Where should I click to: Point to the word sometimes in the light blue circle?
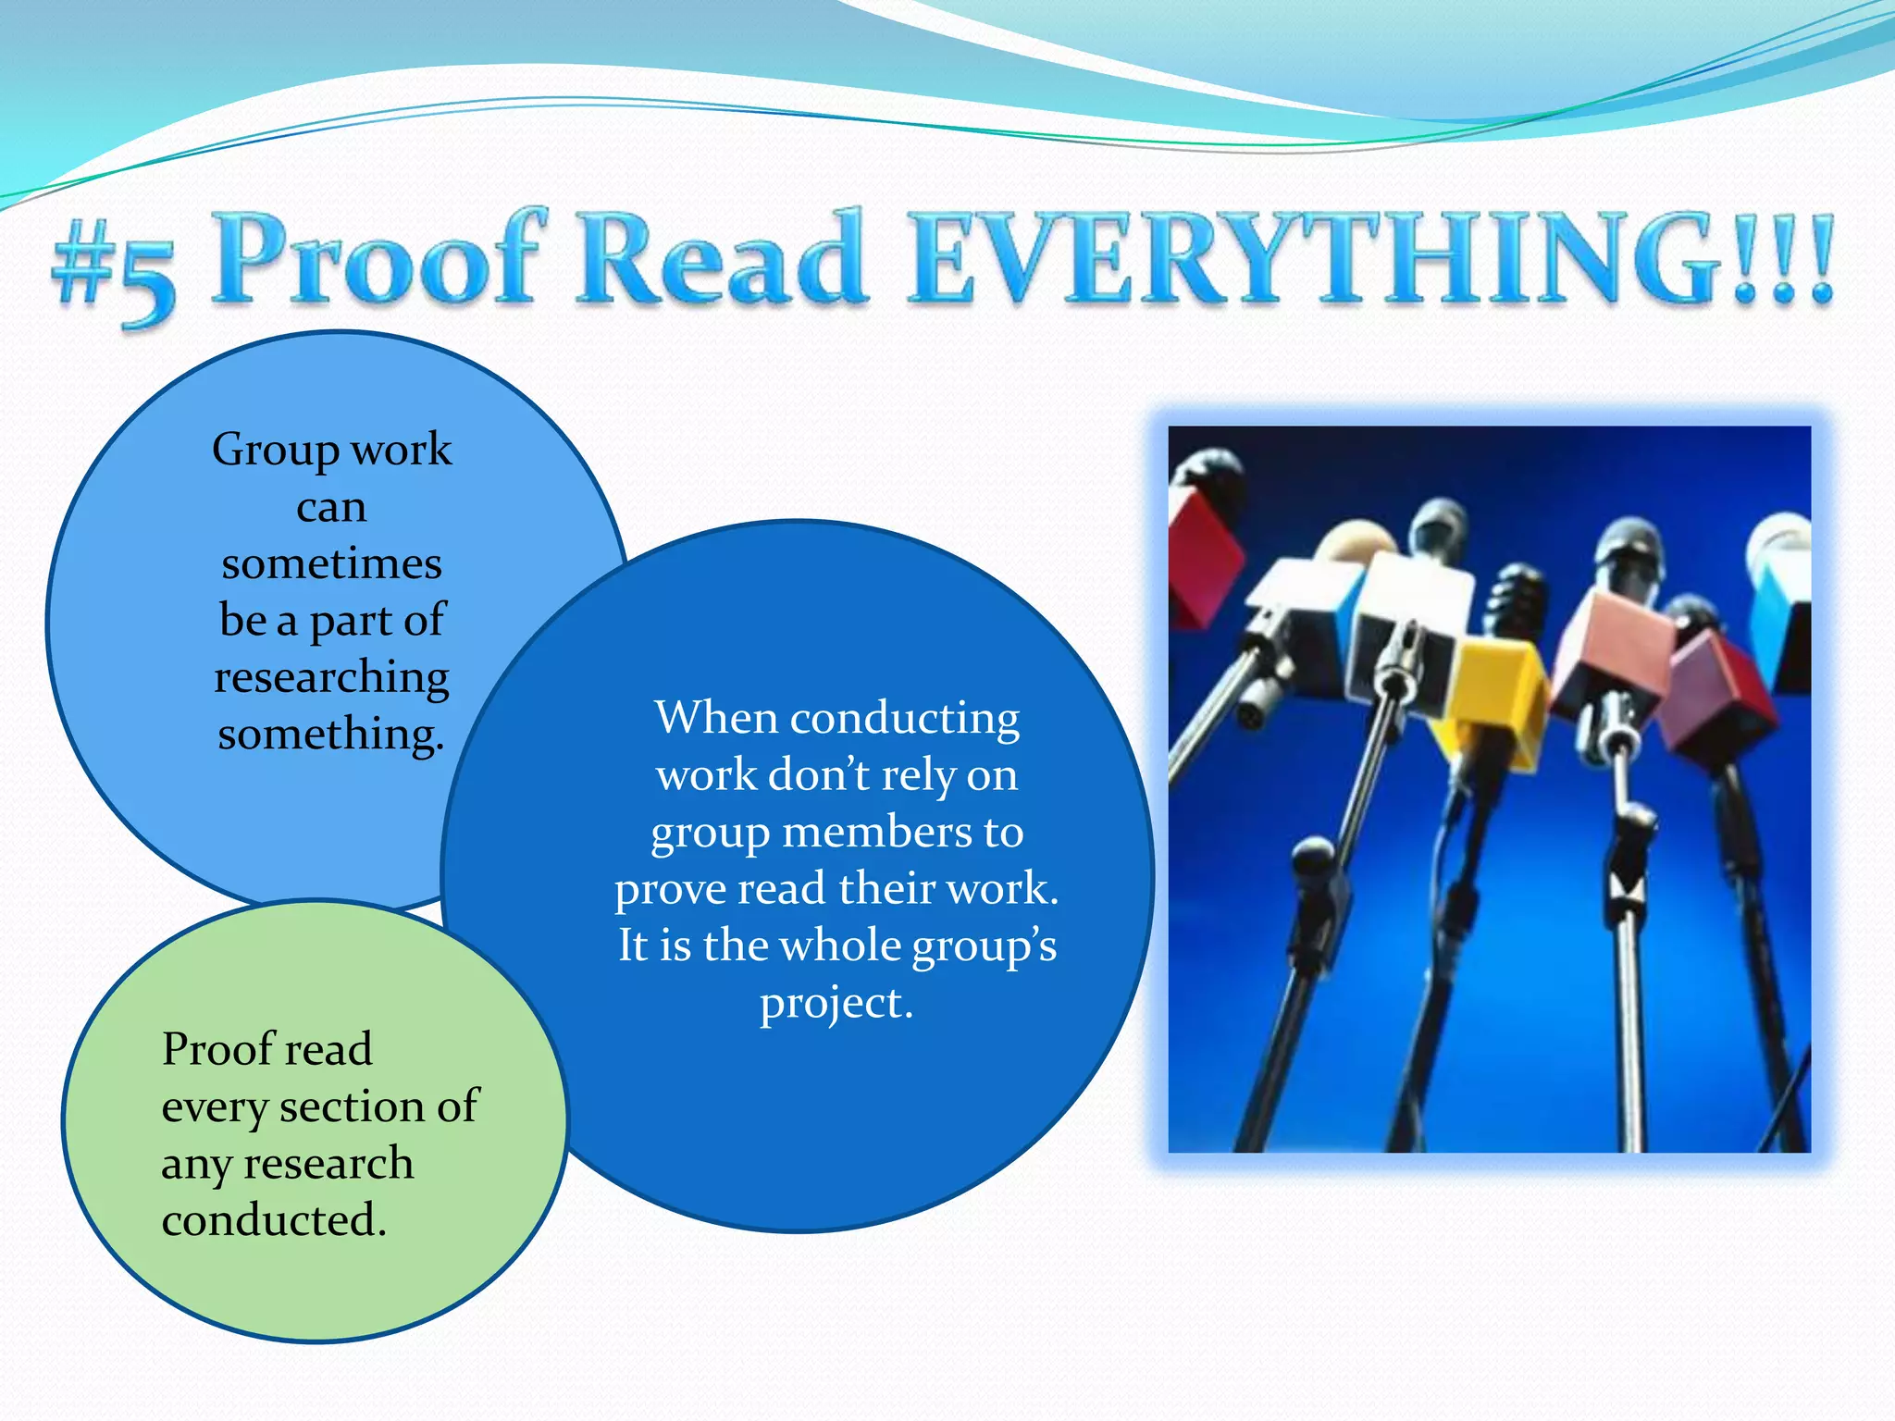(x=331, y=563)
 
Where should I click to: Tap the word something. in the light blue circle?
(x=331, y=735)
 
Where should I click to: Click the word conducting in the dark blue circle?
(x=904, y=718)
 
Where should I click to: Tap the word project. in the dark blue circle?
(x=836, y=1003)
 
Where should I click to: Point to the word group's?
(x=984, y=946)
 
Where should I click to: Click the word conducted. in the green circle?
(x=273, y=1221)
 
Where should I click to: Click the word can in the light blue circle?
(x=331, y=507)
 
